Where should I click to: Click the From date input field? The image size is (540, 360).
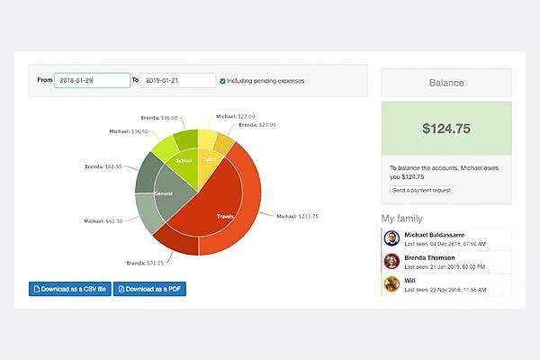(x=92, y=80)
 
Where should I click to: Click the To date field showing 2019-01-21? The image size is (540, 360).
(x=178, y=80)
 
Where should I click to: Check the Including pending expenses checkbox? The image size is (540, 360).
(x=223, y=81)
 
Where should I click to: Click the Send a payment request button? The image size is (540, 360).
(x=421, y=191)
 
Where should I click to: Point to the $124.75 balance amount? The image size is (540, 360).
(x=446, y=129)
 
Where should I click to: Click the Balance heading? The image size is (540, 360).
(x=446, y=83)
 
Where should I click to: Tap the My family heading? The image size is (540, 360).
(x=401, y=219)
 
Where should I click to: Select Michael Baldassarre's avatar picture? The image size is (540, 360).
(x=391, y=238)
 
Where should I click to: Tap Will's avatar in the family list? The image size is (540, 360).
(x=391, y=284)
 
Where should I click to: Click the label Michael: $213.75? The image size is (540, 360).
(x=296, y=216)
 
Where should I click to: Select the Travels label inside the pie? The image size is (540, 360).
(x=225, y=216)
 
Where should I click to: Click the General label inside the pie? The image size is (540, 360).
(x=163, y=193)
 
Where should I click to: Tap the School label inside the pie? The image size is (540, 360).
(x=184, y=161)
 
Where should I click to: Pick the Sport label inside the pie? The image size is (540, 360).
(x=210, y=159)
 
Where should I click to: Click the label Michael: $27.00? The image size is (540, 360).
(x=232, y=116)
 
